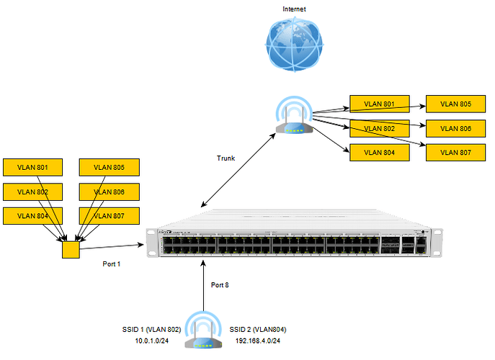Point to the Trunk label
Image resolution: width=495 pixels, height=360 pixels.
[x=226, y=158]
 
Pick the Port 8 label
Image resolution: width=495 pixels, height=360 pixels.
[x=220, y=284]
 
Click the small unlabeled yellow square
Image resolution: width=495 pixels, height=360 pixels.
[x=71, y=249]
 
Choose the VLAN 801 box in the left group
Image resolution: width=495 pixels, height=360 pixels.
[x=32, y=168]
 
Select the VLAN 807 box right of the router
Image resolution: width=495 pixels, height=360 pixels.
[x=455, y=152]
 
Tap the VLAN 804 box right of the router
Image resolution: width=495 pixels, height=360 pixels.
[x=379, y=152]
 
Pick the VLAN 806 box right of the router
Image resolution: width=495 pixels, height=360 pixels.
[x=455, y=128]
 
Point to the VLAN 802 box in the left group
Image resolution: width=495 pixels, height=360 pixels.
[x=32, y=192]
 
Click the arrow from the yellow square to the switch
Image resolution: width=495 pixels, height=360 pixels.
[x=115, y=246]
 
